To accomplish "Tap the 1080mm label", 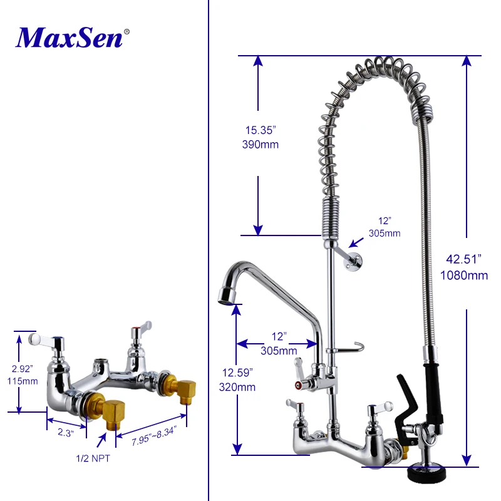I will point(464,275).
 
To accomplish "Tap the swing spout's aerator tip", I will point(226,295).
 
